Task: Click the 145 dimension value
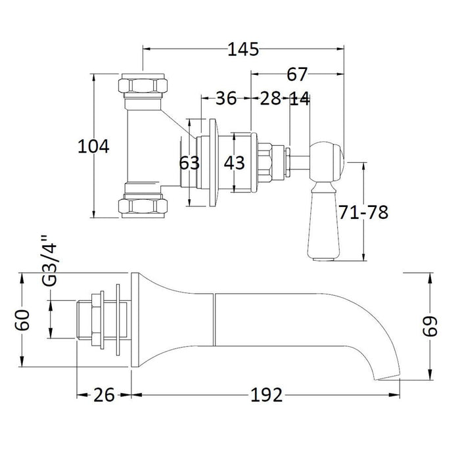coord(243,49)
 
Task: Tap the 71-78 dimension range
coord(363,212)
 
